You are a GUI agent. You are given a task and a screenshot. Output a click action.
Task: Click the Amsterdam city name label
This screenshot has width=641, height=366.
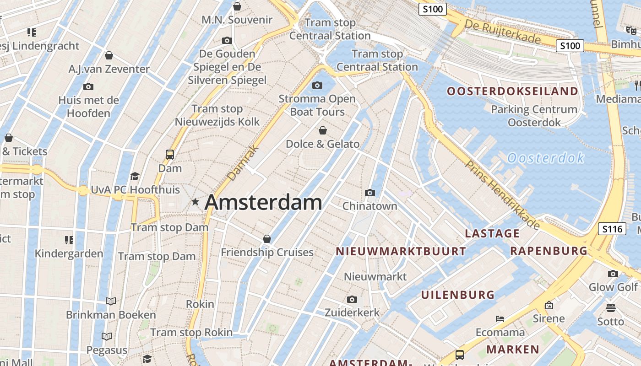[263, 202]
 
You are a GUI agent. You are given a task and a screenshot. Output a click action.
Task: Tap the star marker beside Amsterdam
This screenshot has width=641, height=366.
[196, 201]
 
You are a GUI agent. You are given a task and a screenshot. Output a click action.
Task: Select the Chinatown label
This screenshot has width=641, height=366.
[370, 206]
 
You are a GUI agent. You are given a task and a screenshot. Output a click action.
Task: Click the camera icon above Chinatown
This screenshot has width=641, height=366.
[370, 193]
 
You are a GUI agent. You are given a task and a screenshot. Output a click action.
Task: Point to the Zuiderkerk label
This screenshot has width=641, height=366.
[352, 312]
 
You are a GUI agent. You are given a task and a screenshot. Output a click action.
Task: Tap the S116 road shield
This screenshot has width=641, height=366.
[612, 228]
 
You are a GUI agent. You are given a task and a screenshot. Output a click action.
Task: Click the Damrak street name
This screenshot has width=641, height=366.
[243, 163]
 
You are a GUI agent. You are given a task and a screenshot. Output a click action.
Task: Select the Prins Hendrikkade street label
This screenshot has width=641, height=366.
[503, 194]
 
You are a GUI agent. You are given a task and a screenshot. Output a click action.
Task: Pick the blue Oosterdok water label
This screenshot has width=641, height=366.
[546, 158]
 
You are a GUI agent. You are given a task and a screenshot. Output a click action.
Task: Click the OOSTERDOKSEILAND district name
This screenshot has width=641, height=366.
[512, 91]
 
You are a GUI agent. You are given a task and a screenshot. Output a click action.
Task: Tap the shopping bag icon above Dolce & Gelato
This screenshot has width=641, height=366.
[323, 130]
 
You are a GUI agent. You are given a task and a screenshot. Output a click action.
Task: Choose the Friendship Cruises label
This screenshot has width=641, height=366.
[267, 252]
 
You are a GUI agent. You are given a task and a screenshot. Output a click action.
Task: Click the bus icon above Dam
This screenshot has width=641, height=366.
[170, 154]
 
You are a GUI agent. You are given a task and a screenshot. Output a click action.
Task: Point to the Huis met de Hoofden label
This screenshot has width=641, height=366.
[89, 106]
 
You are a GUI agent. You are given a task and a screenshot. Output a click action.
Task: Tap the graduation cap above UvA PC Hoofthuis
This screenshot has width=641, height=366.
[135, 176]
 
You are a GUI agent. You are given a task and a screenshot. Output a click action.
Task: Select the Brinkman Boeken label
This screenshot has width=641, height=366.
[111, 315]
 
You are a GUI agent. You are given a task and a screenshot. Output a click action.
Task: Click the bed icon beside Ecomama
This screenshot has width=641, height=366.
[500, 318]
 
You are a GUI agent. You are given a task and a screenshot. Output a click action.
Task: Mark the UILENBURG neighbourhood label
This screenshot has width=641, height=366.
[458, 295]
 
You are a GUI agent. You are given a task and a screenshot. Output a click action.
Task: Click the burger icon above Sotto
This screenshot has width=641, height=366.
[610, 307]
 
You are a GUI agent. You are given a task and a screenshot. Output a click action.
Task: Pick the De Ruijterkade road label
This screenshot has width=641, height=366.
[502, 31]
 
